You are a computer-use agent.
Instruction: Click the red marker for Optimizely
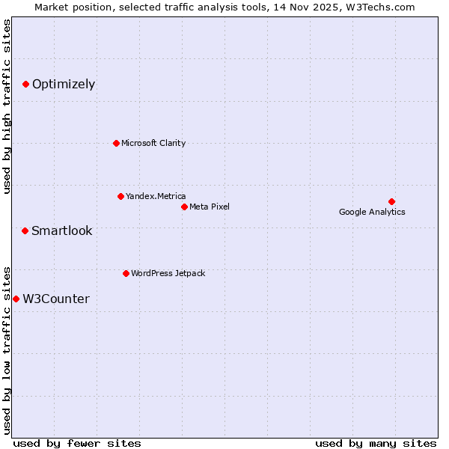click(25, 85)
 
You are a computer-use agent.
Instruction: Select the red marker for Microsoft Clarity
click(116, 143)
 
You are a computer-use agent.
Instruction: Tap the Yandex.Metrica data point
click(120, 196)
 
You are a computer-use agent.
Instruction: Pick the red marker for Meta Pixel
click(184, 207)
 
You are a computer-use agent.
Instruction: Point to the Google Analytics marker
click(391, 201)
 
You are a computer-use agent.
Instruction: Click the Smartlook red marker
click(25, 230)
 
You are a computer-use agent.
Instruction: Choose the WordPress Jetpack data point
click(126, 273)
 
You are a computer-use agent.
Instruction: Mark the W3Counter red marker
click(16, 299)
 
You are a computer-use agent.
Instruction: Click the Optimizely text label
click(64, 85)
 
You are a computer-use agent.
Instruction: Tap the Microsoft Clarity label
click(153, 143)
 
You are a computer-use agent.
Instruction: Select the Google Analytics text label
click(372, 212)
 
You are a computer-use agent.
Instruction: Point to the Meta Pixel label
click(210, 207)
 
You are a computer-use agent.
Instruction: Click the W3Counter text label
click(56, 299)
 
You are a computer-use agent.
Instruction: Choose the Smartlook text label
click(62, 231)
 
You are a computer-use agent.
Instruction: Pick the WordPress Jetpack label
click(168, 273)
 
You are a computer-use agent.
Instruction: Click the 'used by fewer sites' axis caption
click(77, 443)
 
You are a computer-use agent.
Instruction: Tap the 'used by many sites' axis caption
click(376, 443)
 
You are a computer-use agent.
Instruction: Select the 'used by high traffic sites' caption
click(7, 106)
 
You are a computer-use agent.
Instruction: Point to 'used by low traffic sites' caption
click(7, 349)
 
